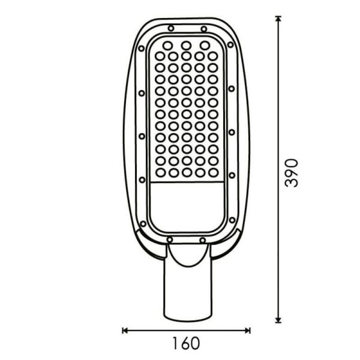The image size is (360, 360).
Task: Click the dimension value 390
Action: [x=291, y=173]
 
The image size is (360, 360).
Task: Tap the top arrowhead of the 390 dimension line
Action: [x=278, y=19]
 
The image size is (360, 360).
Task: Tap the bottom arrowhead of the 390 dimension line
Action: [x=278, y=320]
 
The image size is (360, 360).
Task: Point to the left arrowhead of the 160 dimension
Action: [x=125, y=329]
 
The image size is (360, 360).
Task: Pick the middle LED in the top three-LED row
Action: [x=186, y=45]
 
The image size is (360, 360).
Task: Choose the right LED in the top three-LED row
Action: [x=205, y=45]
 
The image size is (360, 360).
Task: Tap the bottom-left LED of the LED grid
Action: [x=160, y=172]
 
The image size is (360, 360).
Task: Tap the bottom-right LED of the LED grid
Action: [x=212, y=172]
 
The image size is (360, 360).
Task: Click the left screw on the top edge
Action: [x=171, y=28]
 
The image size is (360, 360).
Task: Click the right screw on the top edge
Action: [x=203, y=28]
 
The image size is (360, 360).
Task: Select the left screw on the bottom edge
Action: [x=170, y=239]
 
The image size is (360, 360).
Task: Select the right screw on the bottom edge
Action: [x=203, y=239]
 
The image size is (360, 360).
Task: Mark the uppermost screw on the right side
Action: [x=232, y=44]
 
